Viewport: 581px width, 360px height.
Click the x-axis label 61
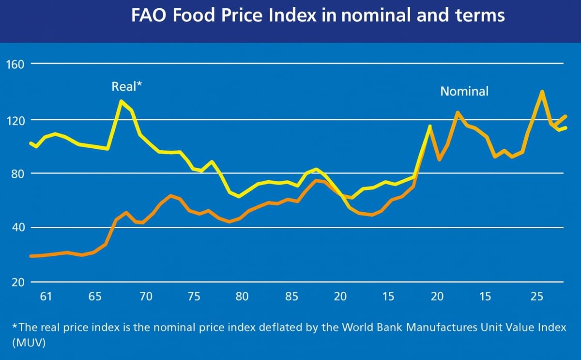[x=46, y=296]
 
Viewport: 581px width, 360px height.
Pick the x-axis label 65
[x=95, y=296]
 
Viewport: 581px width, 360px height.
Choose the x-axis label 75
[x=194, y=296]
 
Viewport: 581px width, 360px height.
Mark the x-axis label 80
[x=242, y=296]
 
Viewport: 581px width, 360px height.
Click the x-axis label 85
[x=291, y=296]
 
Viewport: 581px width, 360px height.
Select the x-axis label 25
[x=536, y=296]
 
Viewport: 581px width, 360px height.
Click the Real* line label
[x=126, y=87]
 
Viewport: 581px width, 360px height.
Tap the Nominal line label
[x=464, y=91]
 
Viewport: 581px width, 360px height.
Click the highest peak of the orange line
[x=542, y=91]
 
